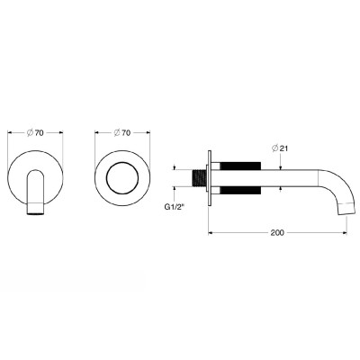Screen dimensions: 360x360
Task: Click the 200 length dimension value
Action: pyautogui.click(x=277, y=232)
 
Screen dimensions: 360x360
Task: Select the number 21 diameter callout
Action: pyautogui.click(x=283, y=148)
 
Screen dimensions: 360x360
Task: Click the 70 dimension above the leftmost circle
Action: pyautogui.click(x=39, y=132)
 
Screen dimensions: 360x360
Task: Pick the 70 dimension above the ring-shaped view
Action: pyautogui.click(x=126, y=132)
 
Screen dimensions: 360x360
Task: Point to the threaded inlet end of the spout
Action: pyautogui.click(x=199, y=178)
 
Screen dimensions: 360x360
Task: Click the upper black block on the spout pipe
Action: pyautogui.click(x=240, y=166)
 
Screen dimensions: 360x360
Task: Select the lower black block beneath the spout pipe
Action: pyautogui.click(x=240, y=191)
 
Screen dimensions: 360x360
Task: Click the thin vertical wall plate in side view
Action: pyautogui.click(x=209, y=178)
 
